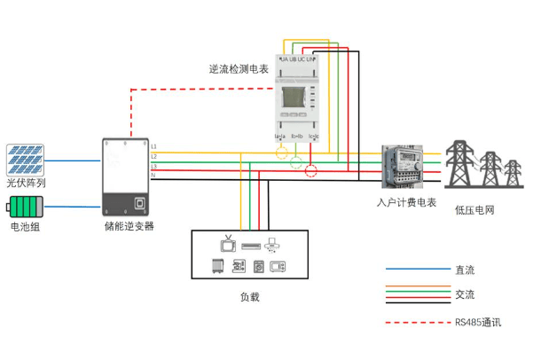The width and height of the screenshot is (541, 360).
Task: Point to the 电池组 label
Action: [x=25, y=228]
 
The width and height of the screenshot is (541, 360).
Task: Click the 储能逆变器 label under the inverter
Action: [x=129, y=227]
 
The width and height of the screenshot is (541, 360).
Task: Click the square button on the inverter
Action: [x=139, y=201]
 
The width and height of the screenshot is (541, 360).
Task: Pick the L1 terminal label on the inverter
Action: [x=154, y=145]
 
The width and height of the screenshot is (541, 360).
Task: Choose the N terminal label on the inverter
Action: [x=154, y=176]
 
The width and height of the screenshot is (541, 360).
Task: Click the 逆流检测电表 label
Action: [x=239, y=67]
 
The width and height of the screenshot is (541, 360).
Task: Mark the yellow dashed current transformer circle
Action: [x=282, y=153]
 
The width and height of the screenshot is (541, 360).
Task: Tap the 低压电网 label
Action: [x=474, y=210]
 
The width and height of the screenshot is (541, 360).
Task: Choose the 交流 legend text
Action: [x=465, y=293]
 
